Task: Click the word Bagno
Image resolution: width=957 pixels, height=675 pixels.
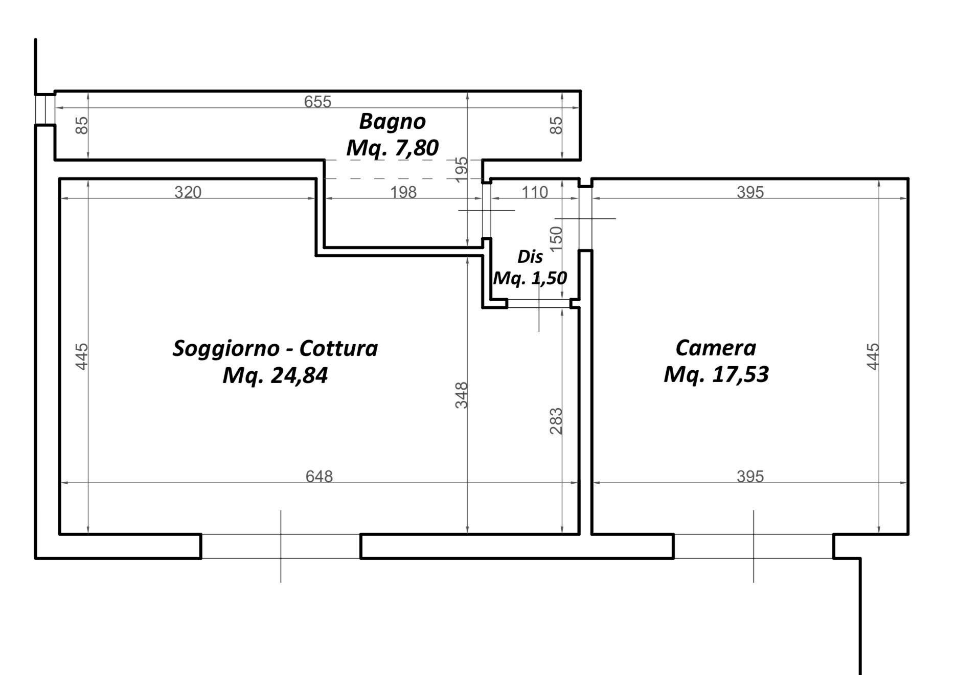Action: tap(392, 122)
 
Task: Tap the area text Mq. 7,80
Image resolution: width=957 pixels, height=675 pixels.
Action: tap(392, 148)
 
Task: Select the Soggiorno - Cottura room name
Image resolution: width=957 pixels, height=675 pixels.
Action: tap(275, 349)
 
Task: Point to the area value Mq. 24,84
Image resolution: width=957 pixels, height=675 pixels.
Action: tap(275, 376)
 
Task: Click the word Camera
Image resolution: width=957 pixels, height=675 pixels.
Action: tap(715, 348)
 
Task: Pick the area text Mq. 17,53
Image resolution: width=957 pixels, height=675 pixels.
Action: tap(716, 375)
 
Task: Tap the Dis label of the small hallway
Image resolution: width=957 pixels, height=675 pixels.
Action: tap(530, 257)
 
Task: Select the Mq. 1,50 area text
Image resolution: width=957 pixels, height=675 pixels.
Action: tap(530, 278)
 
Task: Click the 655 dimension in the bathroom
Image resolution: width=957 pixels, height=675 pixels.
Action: tap(317, 102)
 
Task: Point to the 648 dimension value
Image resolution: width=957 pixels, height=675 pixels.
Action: tap(319, 477)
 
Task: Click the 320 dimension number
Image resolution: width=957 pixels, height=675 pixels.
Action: tap(188, 192)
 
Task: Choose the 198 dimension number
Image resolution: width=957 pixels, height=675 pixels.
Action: tap(403, 192)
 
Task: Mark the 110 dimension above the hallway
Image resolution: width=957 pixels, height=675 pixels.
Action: tap(534, 192)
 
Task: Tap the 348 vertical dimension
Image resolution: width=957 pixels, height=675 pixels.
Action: tap(462, 395)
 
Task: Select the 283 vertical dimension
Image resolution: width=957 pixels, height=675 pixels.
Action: tap(556, 421)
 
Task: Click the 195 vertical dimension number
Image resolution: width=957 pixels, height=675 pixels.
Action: tap(461, 169)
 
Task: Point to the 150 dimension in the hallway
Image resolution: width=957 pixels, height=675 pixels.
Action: tap(556, 238)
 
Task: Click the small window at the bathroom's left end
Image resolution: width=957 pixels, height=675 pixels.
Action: tap(45, 109)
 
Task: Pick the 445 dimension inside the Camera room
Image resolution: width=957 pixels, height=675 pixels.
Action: tap(873, 356)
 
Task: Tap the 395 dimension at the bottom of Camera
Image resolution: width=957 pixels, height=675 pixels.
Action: tap(750, 477)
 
